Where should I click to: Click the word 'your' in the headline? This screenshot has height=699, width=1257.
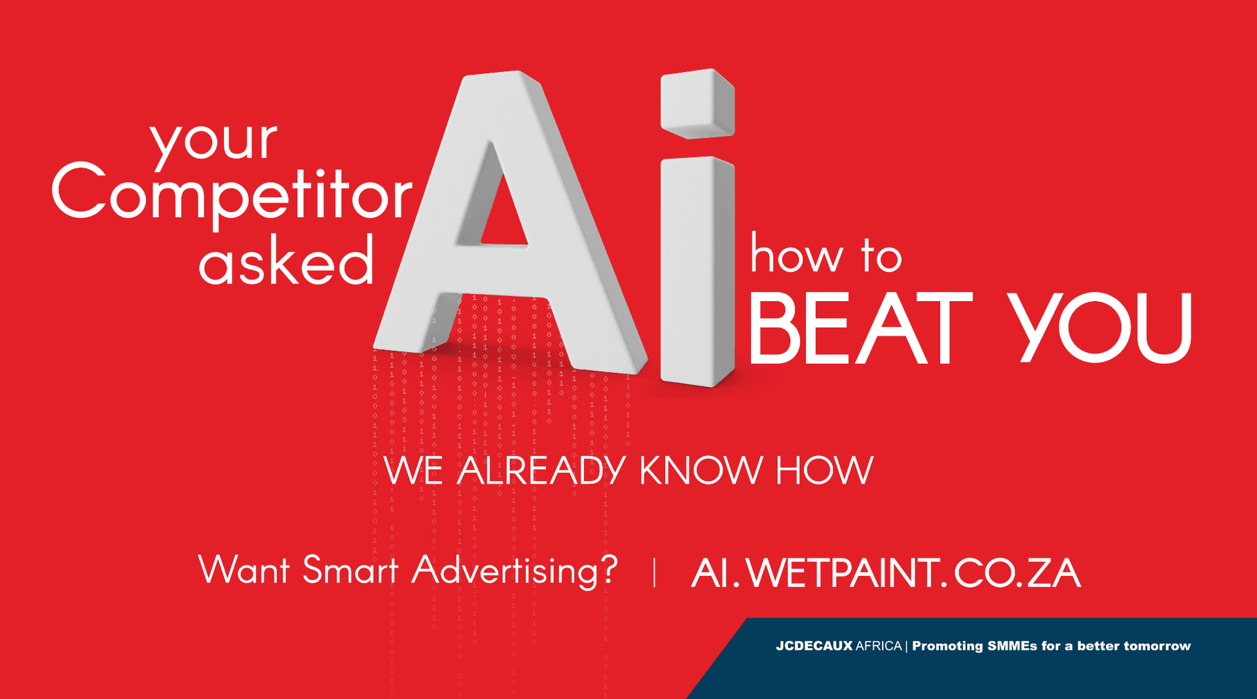coord(213,139)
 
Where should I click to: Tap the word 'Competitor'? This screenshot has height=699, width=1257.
coord(232,193)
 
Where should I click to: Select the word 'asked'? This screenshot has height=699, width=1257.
coord(286,261)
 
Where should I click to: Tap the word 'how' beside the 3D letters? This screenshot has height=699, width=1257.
coord(796,255)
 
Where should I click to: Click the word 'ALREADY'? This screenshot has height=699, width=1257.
coord(541,471)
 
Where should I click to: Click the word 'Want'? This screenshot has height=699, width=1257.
coord(244,569)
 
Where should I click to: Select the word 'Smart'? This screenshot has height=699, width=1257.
coord(351,569)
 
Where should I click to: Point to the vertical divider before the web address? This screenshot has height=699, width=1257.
coord(654,572)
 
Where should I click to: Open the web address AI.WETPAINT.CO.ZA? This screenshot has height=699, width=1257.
coord(885,573)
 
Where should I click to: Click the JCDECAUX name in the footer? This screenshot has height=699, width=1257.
coord(814,646)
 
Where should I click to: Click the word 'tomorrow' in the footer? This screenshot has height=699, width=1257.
coord(1157,646)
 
